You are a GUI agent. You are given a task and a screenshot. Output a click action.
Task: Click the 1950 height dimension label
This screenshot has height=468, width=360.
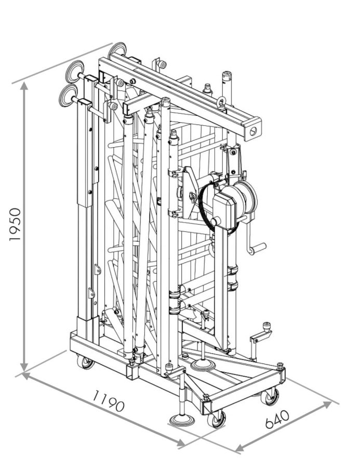click(16, 224)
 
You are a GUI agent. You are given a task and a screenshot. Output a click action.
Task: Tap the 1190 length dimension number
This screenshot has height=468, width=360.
click(109, 400)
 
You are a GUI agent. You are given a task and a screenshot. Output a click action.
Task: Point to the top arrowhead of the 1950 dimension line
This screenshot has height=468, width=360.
click(24, 86)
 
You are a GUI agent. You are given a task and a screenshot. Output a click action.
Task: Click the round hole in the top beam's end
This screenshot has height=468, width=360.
click(252, 129)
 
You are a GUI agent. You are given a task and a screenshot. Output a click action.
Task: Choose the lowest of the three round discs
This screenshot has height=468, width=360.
click(67, 95)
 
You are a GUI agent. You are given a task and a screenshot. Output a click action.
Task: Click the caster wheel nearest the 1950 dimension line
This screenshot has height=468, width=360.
click(85, 361)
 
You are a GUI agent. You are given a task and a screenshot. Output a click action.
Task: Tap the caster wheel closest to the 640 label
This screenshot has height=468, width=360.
click(270, 397)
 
